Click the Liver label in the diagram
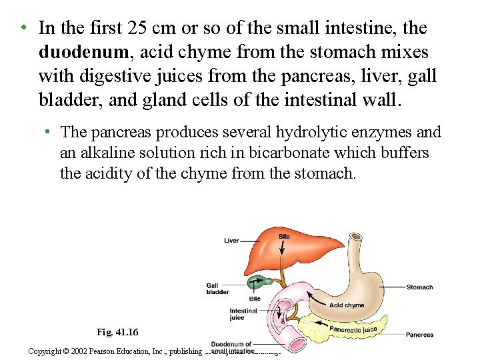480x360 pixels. point(231,241)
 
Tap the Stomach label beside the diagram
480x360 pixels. point(419,287)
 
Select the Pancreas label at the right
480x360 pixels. point(419,335)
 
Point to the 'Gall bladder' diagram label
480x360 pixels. point(217,289)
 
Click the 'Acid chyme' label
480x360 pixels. point(347,305)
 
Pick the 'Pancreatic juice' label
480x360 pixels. point(353,329)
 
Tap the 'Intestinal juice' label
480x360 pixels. point(243,314)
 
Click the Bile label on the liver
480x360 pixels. point(285,237)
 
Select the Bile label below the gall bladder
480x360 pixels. point(254,299)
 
